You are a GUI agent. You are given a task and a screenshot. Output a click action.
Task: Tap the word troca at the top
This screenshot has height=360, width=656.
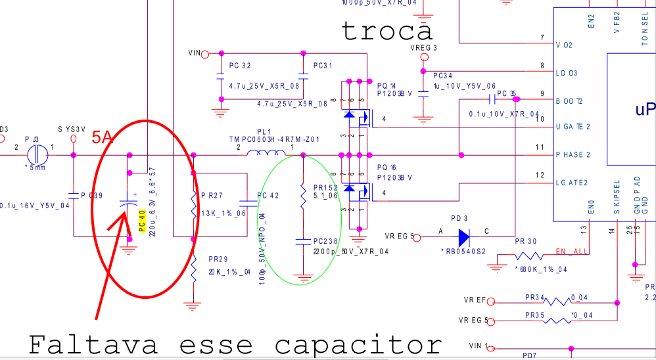click(x=387, y=30)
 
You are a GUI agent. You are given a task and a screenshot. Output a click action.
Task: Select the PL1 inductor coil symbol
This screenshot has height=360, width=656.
click(x=266, y=154)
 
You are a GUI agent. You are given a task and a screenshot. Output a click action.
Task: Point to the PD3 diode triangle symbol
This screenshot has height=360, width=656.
click(x=464, y=236)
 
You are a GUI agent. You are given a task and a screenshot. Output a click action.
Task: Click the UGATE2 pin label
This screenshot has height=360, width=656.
click(x=572, y=125)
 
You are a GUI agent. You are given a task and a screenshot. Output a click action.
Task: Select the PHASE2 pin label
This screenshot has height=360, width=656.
click(x=572, y=154)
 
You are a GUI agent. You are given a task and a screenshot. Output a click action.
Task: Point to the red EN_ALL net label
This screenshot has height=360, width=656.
click(x=571, y=252)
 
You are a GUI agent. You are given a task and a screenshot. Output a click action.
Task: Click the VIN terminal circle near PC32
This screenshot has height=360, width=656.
click(x=204, y=53)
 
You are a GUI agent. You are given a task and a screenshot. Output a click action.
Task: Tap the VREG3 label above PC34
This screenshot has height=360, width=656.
click(x=423, y=48)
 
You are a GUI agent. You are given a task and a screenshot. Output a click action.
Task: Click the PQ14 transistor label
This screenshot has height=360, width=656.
click(x=387, y=85)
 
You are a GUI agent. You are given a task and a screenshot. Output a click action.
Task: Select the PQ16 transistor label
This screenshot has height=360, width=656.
click(x=387, y=169)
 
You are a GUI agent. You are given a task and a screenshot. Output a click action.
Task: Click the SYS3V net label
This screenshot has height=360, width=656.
click(x=72, y=129)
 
